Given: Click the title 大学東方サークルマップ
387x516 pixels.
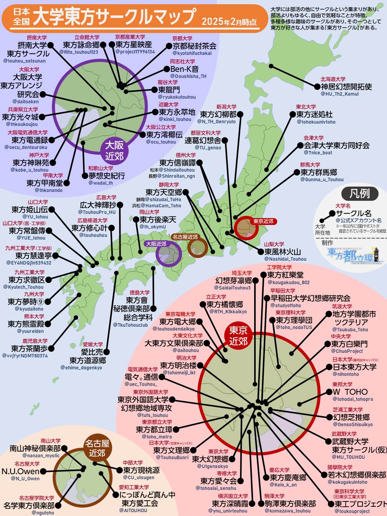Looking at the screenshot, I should pyautogui.click(x=114, y=17).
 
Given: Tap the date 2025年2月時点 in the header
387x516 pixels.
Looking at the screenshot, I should pyautogui.click(x=229, y=21).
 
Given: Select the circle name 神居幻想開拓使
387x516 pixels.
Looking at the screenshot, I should pyautogui.click(x=346, y=86).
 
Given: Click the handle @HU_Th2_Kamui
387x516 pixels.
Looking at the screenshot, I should pyautogui.click(x=339, y=94).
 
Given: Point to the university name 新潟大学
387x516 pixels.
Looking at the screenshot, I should pyautogui.click(x=226, y=107).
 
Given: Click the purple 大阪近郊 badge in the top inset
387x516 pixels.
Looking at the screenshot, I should pyautogui.click(x=114, y=150).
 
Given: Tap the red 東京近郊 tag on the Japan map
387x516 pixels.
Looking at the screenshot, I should pyautogui.click(x=263, y=222).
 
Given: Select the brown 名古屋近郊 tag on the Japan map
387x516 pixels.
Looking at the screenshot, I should pyautogui.click(x=185, y=237).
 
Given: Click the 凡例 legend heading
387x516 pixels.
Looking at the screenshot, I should pyautogui.click(x=359, y=193).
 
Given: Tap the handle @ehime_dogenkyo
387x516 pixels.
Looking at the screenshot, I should pyautogui.click(x=81, y=368).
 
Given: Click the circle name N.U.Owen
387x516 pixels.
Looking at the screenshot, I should pyautogui.click(x=21, y=471).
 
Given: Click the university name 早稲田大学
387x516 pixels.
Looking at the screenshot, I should pyautogui.click(x=283, y=291).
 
